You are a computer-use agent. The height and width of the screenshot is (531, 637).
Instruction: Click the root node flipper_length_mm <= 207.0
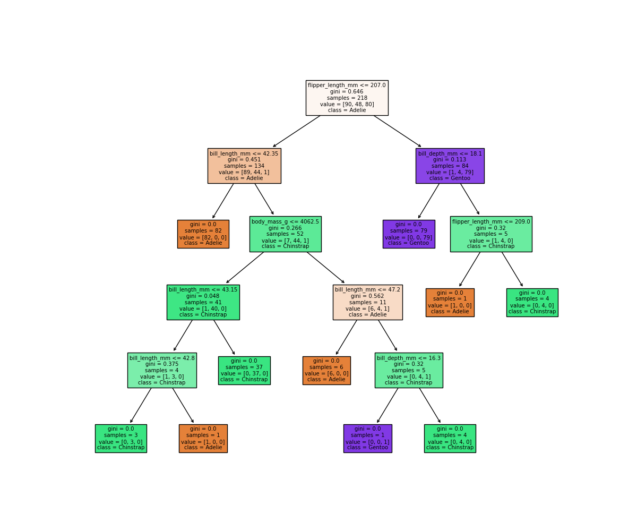(x=347, y=98)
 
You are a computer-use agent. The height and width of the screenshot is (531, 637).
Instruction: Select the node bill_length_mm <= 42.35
(x=244, y=166)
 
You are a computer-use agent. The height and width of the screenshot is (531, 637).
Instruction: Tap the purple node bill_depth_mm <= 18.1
(x=450, y=166)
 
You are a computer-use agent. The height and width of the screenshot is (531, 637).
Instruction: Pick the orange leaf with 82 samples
(x=203, y=234)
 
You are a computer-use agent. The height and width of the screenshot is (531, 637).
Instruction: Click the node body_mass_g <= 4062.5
(x=285, y=234)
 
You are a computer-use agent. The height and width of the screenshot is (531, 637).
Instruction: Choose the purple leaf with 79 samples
(x=409, y=234)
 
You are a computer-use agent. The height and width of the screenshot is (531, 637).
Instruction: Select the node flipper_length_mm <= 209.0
(x=491, y=234)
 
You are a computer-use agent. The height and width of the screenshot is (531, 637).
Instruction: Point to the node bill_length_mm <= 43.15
(x=203, y=302)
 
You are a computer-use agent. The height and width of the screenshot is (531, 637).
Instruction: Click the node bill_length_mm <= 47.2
(x=367, y=302)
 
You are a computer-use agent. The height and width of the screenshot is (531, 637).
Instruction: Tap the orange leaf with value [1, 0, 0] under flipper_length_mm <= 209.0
(x=450, y=302)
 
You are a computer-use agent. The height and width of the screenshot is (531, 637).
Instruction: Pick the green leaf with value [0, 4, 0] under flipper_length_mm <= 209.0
(x=532, y=302)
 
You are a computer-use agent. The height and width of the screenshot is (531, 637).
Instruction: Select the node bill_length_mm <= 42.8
(x=162, y=370)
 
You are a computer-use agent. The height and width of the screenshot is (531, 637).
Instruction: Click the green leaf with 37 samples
(x=244, y=370)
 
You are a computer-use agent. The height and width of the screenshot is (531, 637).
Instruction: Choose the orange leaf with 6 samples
(x=326, y=370)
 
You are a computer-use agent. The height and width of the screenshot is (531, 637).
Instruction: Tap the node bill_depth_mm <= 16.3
(x=409, y=370)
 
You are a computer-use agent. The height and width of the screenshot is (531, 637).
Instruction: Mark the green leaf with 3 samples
(x=120, y=438)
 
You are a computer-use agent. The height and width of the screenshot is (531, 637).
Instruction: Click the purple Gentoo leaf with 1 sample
(x=367, y=438)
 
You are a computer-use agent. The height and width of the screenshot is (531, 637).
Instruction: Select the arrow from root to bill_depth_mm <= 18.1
(x=397, y=131)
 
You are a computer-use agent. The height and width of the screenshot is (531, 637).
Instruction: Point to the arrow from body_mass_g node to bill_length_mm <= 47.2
(x=325, y=267)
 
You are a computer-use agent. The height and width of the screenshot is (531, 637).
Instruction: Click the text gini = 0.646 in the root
(x=347, y=91)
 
